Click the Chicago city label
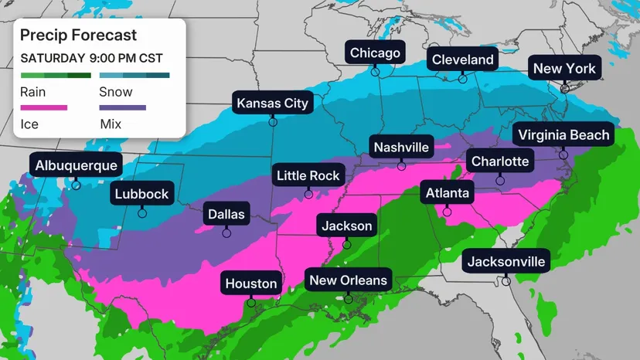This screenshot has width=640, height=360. (375, 53)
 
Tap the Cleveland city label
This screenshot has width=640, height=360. (462, 59)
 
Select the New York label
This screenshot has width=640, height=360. (564, 69)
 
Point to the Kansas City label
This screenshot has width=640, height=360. (272, 103)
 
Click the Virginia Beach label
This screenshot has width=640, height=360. (563, 135)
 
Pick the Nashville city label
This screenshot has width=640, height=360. (400, 147)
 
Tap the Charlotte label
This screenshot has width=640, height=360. (500, 161)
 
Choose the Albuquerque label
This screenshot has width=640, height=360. (76, 165)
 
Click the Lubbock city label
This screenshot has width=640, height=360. (141, 194)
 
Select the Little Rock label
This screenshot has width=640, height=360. (308, 176)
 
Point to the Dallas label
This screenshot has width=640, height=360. (226, 214)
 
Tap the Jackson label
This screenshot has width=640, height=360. (346, 226)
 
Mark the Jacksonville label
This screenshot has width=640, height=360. (506, 261)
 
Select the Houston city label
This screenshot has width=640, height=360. (250, 284)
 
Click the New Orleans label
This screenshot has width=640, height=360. (348, 280)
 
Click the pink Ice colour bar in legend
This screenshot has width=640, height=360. (44, 107)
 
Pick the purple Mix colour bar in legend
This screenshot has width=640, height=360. (123, 107)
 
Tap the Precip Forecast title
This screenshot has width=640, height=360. (78, 36)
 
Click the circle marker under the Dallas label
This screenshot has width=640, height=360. (226, 232)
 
